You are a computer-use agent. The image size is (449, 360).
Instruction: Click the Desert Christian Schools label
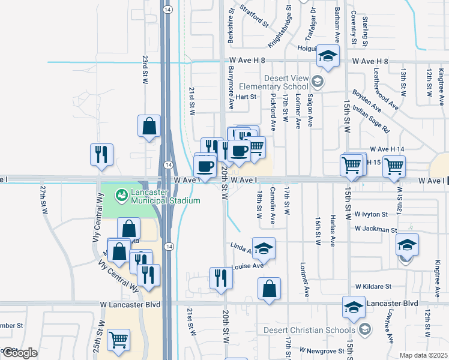(325, 329)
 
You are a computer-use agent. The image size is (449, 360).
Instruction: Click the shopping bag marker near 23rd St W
(149, 127)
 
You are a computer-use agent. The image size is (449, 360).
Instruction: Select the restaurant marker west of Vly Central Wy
(101, 154)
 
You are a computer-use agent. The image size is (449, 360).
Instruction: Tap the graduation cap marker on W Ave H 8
(328, 56)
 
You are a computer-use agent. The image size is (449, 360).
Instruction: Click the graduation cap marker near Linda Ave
(263, 248)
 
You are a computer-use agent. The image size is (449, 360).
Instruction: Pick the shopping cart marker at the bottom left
(118, 340)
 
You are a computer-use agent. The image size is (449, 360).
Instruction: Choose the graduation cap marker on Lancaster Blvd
(354, 307)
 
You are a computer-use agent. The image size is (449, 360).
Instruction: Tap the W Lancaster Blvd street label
(130, 305)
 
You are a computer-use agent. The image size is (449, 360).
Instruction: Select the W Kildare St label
(373, 287)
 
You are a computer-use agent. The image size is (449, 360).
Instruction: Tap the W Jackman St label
(376, 229)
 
